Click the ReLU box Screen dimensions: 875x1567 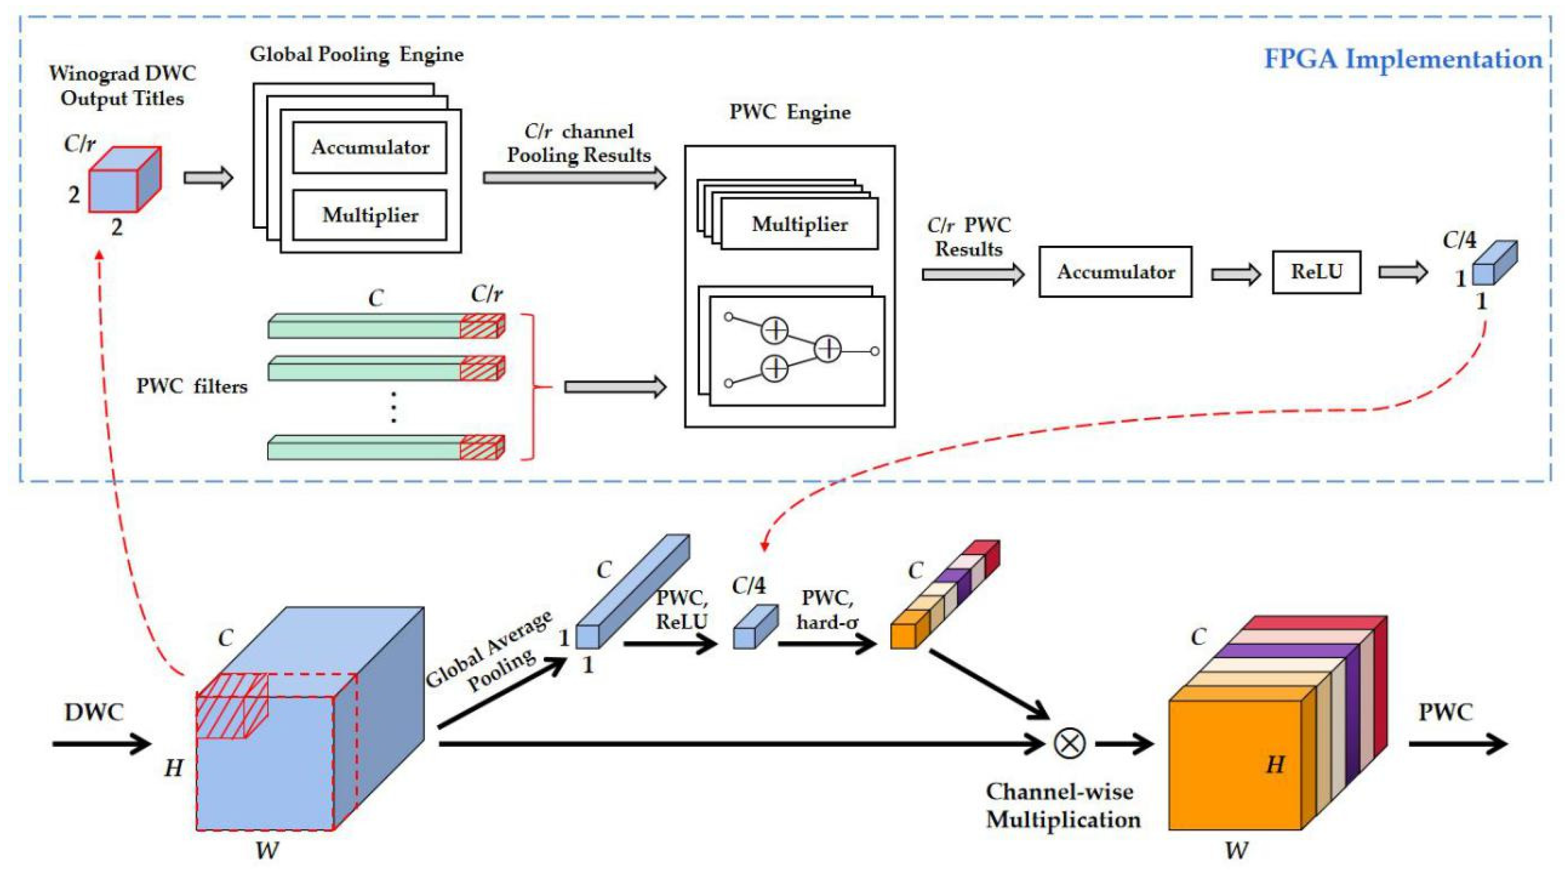(1317, 272)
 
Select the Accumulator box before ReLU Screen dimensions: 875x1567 (1115, 272)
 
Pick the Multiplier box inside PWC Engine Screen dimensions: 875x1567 (800, 224)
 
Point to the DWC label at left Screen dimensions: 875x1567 (94, 712)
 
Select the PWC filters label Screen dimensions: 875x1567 (192, 387)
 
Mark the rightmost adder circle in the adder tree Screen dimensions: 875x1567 (828, 349)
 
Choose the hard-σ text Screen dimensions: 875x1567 (827, 623)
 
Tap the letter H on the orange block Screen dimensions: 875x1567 (1275, 764)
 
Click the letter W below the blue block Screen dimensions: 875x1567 (267, 851)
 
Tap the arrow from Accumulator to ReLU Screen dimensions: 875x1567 (1235, 274)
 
